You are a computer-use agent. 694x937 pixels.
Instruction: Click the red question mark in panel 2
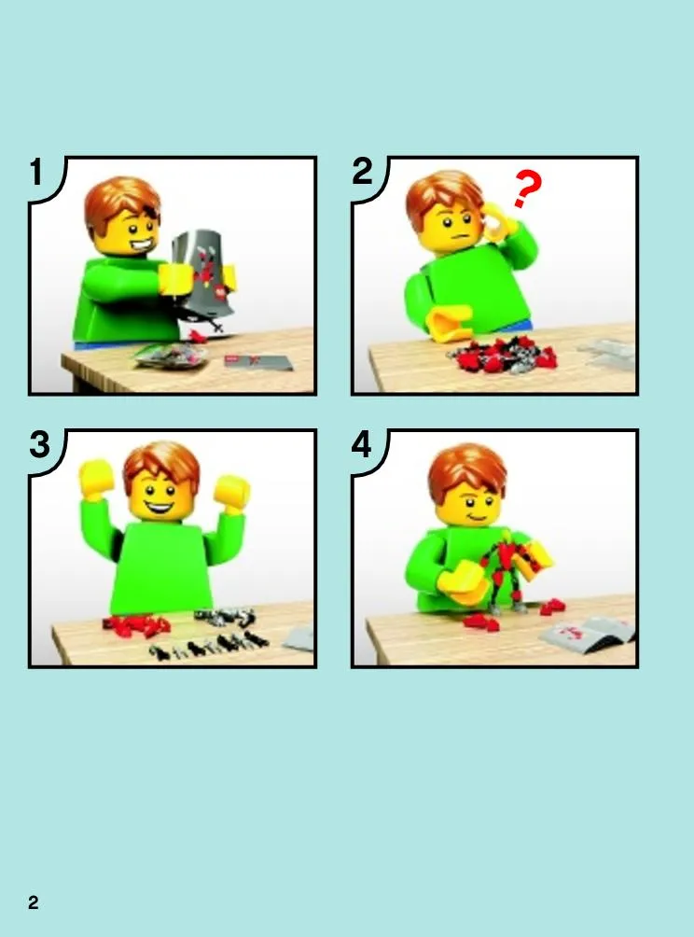tap(527, 189)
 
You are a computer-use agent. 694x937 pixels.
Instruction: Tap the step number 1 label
tap(37, 172)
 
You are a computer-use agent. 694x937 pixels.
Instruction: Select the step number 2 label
tap(363, 172)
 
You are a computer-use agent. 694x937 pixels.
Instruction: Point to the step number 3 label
tap(40, 444)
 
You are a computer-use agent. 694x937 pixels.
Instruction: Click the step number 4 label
tap(362, 444)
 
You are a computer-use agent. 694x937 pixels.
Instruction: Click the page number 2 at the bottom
tap(34, 902)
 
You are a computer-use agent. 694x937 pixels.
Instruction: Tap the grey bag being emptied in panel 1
tap(203, 272)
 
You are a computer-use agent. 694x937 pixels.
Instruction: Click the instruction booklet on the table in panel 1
tap(258, 362)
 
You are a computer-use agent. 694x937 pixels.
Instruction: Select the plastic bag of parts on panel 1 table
tap(171, 356)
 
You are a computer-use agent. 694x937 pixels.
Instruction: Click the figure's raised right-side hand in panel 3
tap(231, 491)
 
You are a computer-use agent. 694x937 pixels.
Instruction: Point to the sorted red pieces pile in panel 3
tap(136, 625)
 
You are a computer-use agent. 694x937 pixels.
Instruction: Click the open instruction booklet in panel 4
tap(589, 634)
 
